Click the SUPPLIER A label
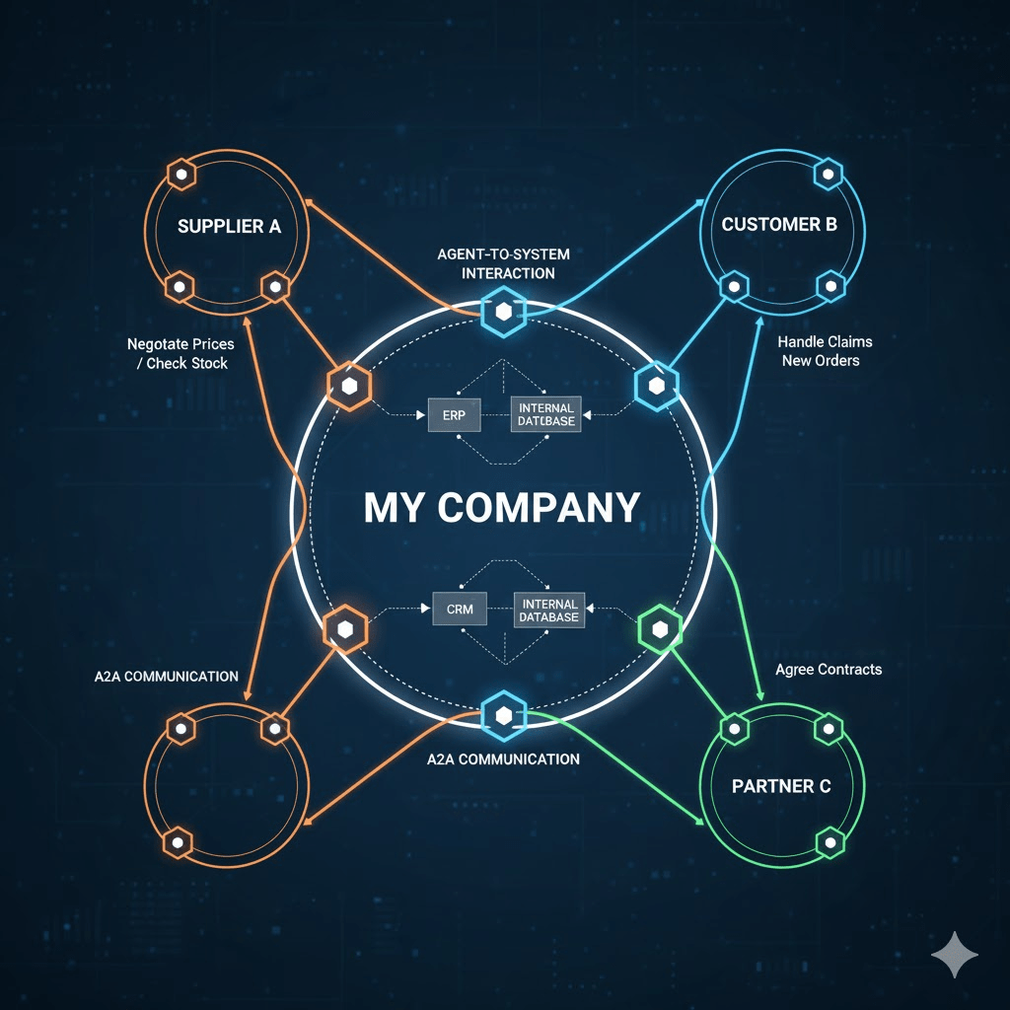[x=229, y=226]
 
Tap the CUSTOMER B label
[x=779, y=224]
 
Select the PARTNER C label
[x=781, y=786]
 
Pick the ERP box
[x=454, y=415]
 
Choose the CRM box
[x=460, y=609]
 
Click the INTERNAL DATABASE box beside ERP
[x=545, y=413]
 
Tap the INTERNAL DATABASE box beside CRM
[x=549, y=610]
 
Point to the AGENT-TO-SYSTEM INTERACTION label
[x=503, y=263]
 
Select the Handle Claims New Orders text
[x=825, y=350]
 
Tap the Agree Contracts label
[x=829, y=669]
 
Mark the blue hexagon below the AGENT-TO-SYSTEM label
[x=503, y=313]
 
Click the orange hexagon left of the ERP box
[x=347, y=387]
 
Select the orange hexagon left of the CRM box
[x=345, y=628]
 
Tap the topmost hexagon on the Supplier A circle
[x=181, y=175]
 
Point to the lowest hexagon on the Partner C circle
[x=830, y=841]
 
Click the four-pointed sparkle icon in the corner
[x=955, y=956]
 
